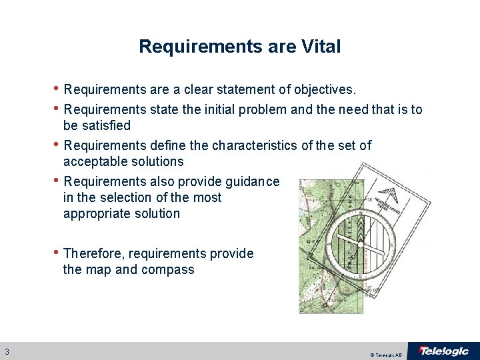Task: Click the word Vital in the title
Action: (x=321, y=47)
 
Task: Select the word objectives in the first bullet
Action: (x=323, y=89)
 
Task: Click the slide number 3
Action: (x=6, y=351)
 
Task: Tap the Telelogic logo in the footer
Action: (x=443, y=351)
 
